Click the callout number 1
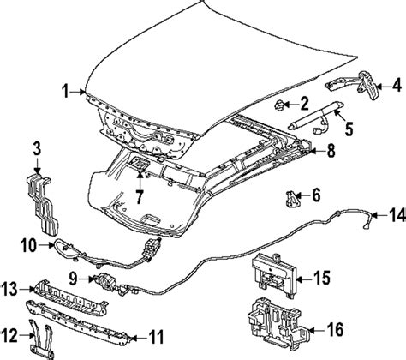click(66, 90)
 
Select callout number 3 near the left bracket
click(35, 152)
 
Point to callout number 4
click(396, 84)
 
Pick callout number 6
click(315, 195)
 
